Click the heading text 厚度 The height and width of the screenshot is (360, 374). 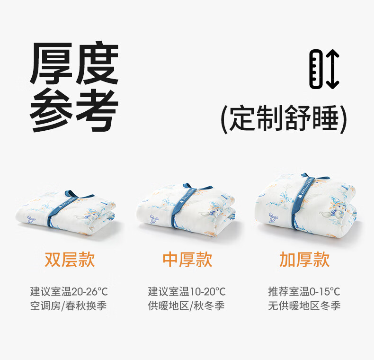pos(74,63)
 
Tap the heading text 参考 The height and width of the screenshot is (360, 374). pos(74,110)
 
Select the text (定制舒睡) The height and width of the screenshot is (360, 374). pos(284,118)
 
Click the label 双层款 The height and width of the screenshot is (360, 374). pos(70,260)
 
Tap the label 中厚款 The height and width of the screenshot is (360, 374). pos(187,260)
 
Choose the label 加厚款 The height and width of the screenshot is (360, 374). pos(304,260)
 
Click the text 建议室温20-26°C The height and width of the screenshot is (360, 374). pos(69,291)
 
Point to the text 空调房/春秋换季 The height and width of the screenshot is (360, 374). pos(69,306)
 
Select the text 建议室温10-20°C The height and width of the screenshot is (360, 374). pos(187,291)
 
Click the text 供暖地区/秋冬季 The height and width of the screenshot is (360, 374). pos(186,306)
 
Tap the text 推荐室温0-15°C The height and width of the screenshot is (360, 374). pos(304,291)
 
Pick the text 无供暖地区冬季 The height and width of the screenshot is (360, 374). pos(304,306)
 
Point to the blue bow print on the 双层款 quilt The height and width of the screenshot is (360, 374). pos(31,219)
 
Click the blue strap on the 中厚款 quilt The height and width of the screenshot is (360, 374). pos(181,205)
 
